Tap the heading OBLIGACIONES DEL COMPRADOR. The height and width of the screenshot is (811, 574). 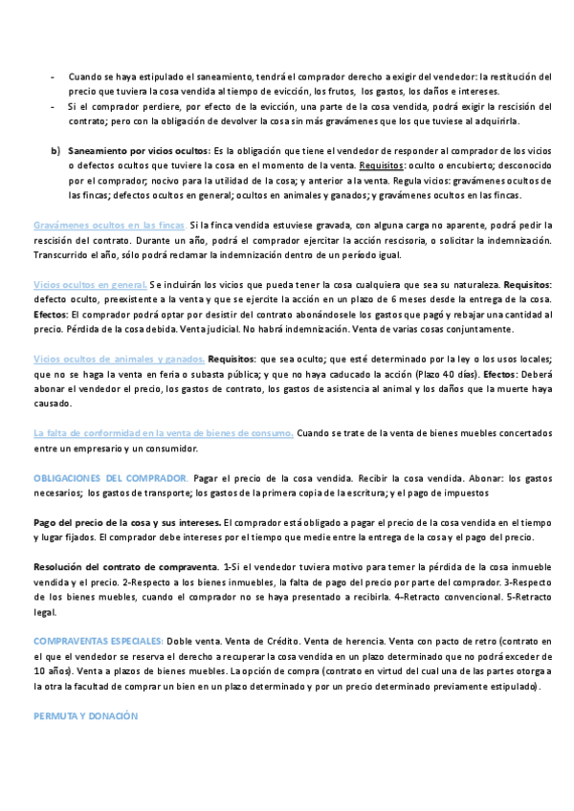pos(110,477)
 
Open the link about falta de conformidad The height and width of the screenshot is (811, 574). pos(163,433)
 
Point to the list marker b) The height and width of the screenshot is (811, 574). pos(55,150)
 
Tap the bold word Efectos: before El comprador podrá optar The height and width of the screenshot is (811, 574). pos(51,314)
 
